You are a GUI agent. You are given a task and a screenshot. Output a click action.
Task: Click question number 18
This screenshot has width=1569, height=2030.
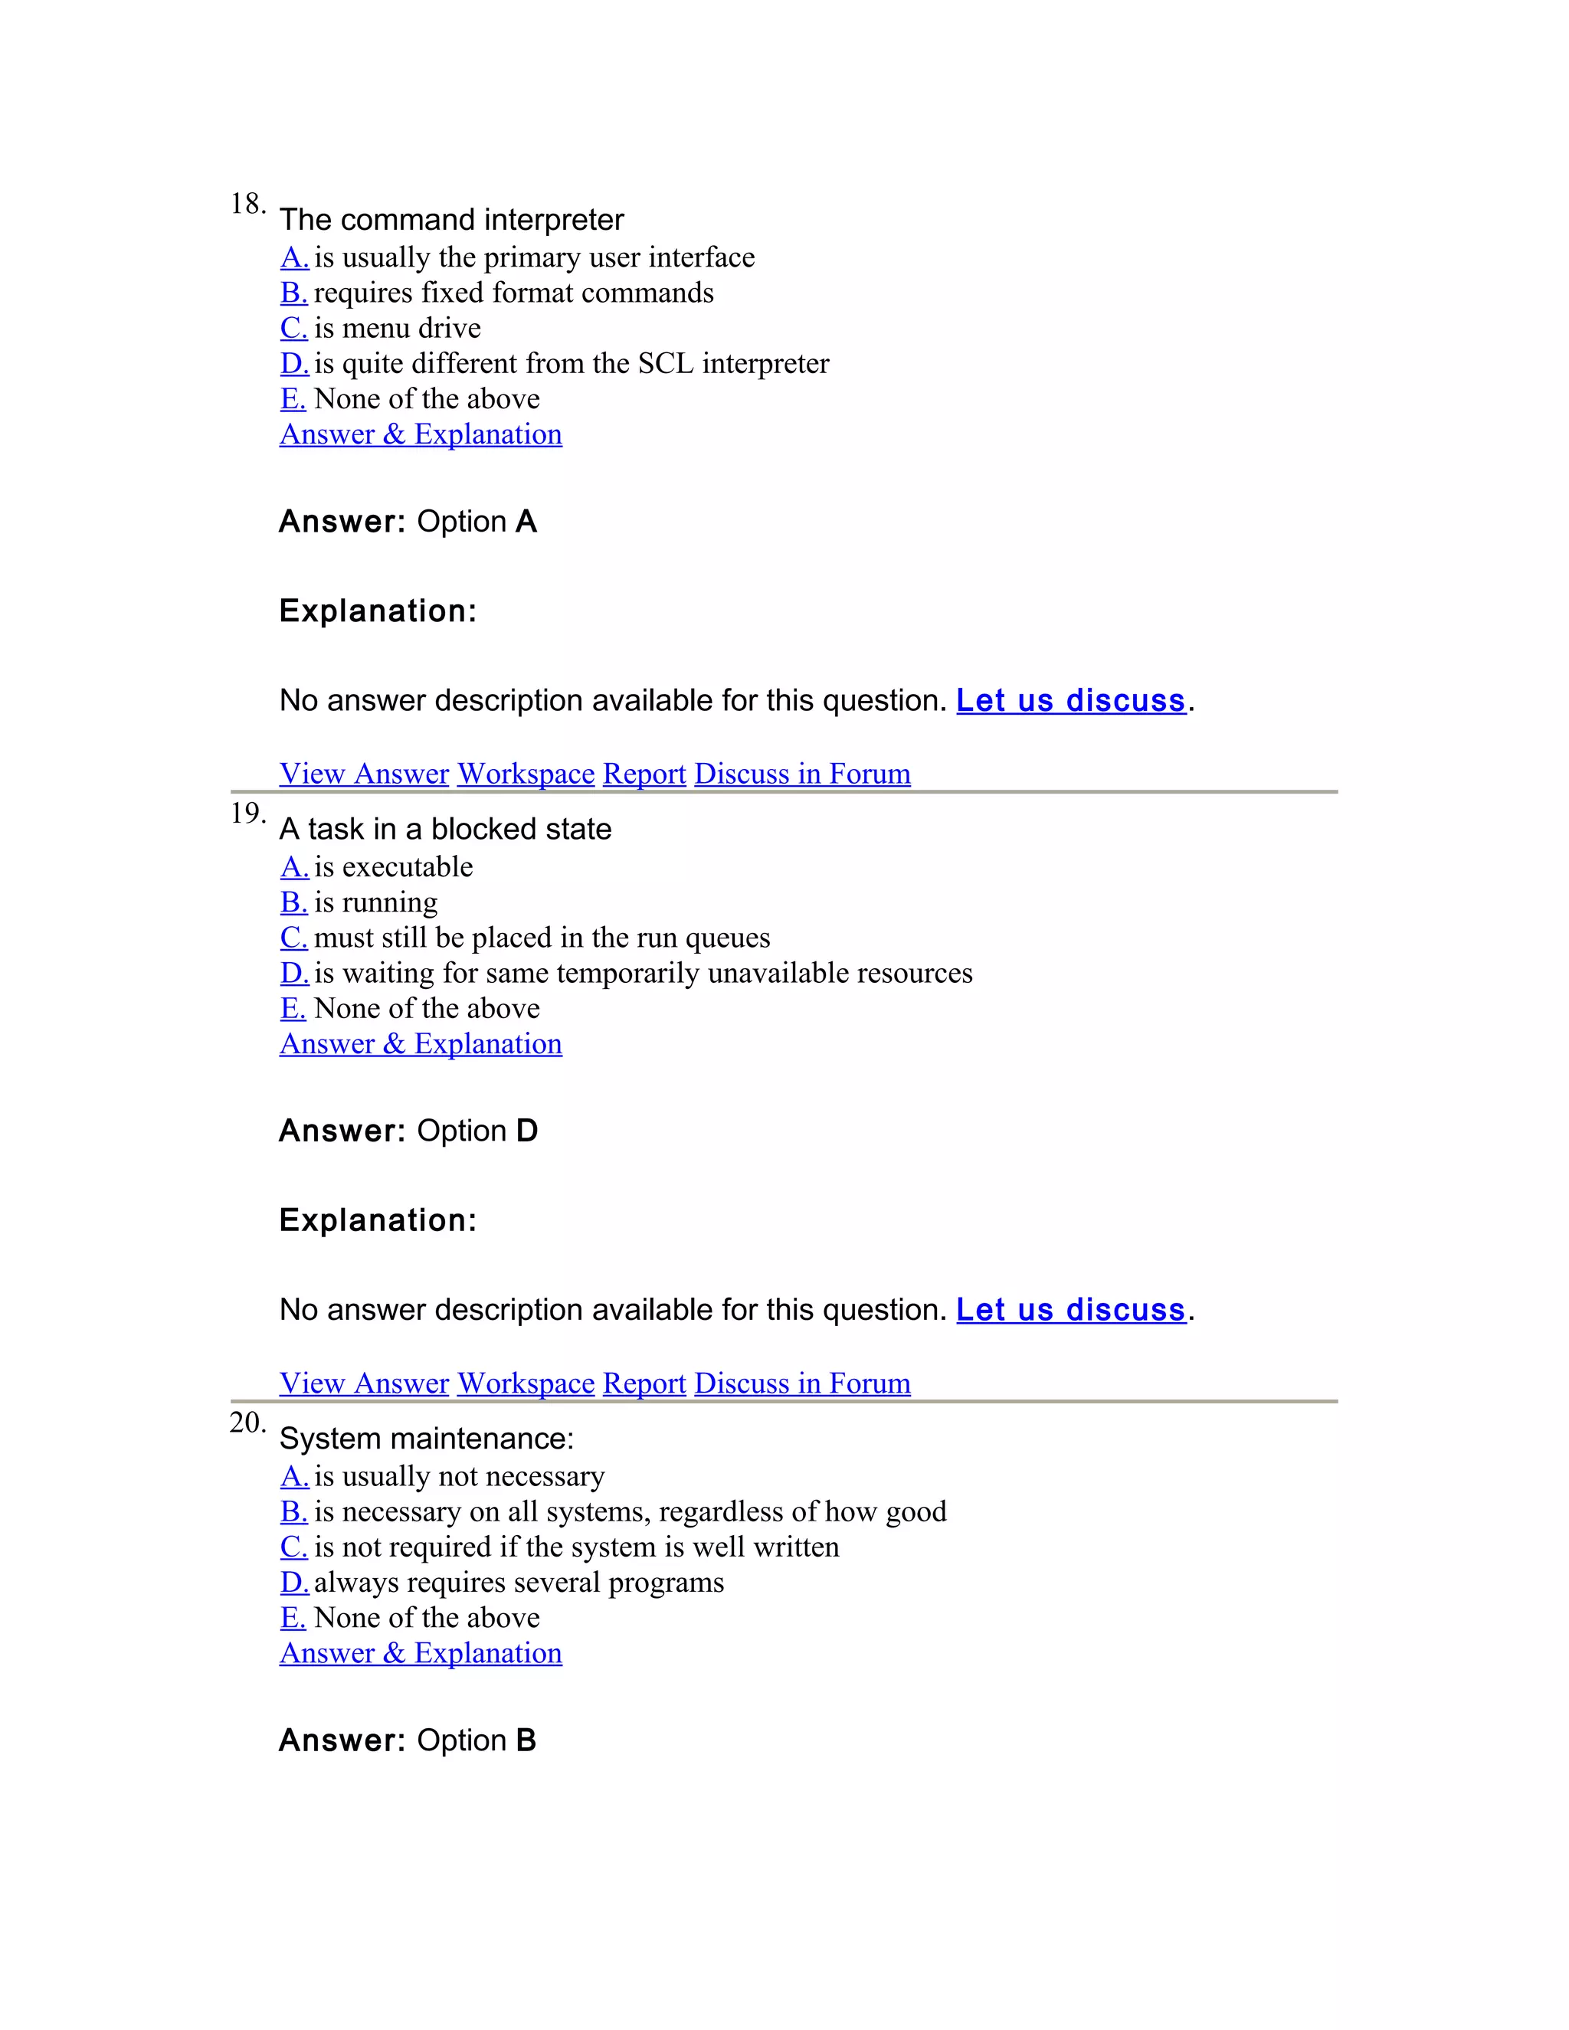pyautogui.click(x=247, y=204)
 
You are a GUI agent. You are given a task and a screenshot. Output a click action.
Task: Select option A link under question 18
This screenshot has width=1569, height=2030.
pyautogui.click(x=293, y=257)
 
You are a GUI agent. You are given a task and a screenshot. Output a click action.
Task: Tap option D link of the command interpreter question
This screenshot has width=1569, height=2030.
pyautogui.click(x=293, y=363)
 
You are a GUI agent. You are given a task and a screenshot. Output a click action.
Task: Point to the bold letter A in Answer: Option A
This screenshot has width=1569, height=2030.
pyautogui.click(x=526, y=522)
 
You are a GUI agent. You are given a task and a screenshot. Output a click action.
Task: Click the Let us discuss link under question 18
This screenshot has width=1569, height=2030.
pyautogui.click(x=1071, y=700)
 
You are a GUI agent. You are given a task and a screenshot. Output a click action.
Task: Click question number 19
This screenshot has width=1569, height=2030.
pyautogui.click(x=247, y=814)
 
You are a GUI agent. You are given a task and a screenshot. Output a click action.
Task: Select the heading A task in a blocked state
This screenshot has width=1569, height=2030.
pyautogui.click(x=445, y=829)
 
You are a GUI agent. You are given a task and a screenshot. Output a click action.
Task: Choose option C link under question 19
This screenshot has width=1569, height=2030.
pyautogui.click(x=293, y=938)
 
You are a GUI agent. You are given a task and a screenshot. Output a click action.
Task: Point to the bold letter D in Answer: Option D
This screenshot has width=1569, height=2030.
pyautogui.click(x=527, y=1131)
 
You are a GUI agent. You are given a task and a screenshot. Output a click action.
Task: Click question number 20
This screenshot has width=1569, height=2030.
pyautogui.click(x=247, y=1423)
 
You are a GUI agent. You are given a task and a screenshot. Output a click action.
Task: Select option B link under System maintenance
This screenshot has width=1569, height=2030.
pyautogui.click(x=293, y=1512)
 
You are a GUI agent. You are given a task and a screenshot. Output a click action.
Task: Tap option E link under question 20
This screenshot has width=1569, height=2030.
pyautogui.click(x=293, y=1618)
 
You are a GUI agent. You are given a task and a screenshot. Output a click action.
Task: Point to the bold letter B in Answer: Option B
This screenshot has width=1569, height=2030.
pyautogui.click(x=526, y=1741)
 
